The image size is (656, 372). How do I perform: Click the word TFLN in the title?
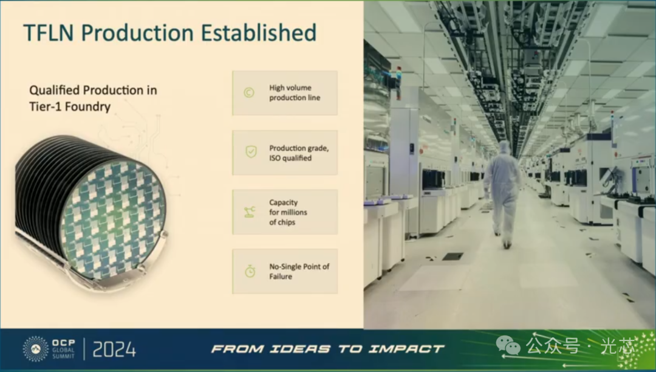pos(50,33)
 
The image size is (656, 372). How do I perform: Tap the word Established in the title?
pos(259,33)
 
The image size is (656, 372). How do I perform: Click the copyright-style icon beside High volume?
pos(249,92)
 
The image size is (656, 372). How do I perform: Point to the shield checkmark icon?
pos(251,151)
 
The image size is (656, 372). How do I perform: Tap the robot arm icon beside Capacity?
pos(250,212)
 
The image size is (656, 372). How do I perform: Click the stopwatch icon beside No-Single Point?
pos(250,271)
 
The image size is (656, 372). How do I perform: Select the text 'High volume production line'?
pos(295,92)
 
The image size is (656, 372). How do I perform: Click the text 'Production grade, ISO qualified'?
pos(299,153)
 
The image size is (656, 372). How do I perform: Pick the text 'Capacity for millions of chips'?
pos(288,212)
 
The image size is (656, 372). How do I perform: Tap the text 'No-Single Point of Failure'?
pos(299,271)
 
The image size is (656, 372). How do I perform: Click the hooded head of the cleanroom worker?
pos(505,147)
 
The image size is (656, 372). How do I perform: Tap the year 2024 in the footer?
pos(114,350)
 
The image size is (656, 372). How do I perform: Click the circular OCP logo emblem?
pos(36,349)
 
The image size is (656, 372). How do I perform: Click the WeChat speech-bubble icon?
pos(508,346)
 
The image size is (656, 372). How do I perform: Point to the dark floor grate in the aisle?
pos(453,256)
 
